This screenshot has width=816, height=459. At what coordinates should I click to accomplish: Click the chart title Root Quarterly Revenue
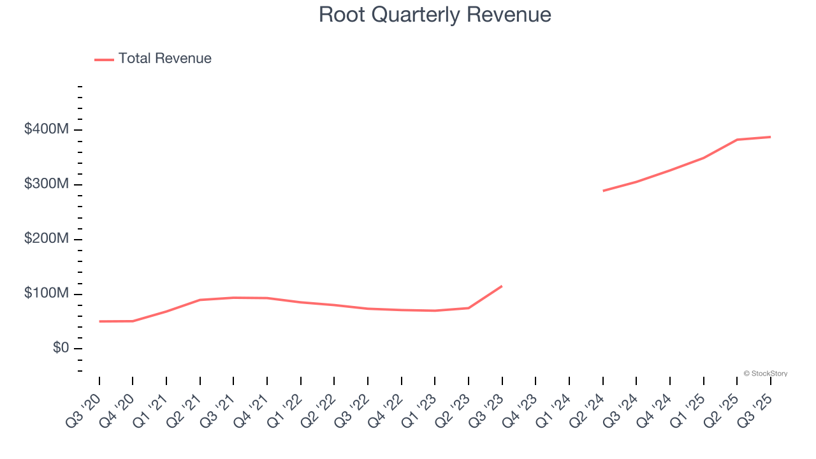tap(435, 15)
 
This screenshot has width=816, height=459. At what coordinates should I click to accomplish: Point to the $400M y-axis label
tap(46, 130)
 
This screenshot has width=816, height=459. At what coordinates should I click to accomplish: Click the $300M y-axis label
tap(46, 185)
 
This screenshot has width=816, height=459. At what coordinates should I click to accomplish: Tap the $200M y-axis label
tap(46, 239)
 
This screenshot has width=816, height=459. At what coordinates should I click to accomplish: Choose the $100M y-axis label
tap(46, 294)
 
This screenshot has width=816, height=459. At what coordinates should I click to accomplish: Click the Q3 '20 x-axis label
tap(85, 409)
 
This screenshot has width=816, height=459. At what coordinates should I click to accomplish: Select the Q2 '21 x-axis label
tap(186, 409)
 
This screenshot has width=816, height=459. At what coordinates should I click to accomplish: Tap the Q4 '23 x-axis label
tap(521, 409)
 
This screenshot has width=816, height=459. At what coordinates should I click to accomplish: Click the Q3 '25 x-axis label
tap(756, 409)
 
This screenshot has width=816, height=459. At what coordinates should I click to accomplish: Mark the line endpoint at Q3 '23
tap(502, 286)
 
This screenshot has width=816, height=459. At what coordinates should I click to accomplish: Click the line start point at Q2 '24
tap(603, 191)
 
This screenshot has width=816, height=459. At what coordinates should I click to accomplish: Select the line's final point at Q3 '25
tap(770, 137)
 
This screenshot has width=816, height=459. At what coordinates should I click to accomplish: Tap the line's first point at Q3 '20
tap(99, 321)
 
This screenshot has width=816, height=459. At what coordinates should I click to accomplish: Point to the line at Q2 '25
tap(737, 140)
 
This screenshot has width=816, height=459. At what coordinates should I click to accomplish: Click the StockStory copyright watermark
tap(765, 374)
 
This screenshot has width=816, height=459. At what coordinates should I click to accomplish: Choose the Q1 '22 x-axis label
tap(286, 409)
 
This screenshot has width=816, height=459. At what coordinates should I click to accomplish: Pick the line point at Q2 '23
tap(469, 308)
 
